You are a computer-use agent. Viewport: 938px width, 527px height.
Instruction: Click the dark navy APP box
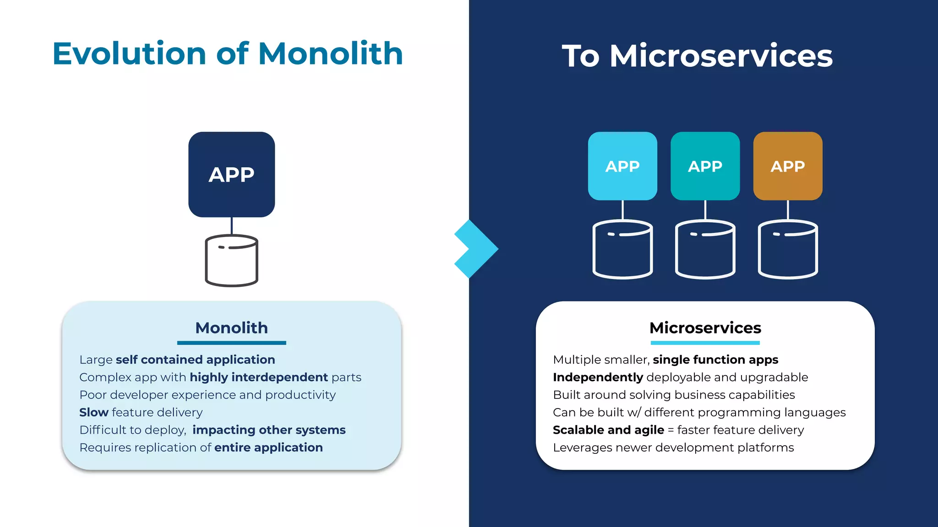[x=231, y=174]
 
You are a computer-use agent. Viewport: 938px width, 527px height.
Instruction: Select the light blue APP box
[x=622, y=166]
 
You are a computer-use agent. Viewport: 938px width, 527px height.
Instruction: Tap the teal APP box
[x=705, y=166]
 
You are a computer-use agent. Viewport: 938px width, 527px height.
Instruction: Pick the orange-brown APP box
[x=787, y=166]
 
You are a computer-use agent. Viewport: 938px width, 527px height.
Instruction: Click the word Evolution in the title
[x=129, y=54]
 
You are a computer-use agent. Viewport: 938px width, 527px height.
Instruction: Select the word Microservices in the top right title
[x=721, y=56]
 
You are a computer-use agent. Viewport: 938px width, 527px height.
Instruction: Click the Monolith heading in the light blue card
[x=231, y=328]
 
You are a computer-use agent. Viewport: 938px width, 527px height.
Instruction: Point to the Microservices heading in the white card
[x=705, y=328]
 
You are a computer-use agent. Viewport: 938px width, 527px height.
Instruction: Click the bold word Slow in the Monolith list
[x=93, y=413]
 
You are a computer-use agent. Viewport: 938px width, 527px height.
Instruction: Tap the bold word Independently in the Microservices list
[x=598, y=377]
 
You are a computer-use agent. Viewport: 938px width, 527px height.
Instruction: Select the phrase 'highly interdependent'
[x=258, y=377]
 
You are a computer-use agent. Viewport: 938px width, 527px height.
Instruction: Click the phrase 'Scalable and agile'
[x=608, y=430]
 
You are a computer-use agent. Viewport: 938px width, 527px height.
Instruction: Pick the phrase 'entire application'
[x=268, y=447]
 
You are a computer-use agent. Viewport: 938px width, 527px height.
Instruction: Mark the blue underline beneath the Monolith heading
[x=231, y=343]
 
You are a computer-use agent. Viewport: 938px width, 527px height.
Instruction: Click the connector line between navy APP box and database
[x=232, y=226]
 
